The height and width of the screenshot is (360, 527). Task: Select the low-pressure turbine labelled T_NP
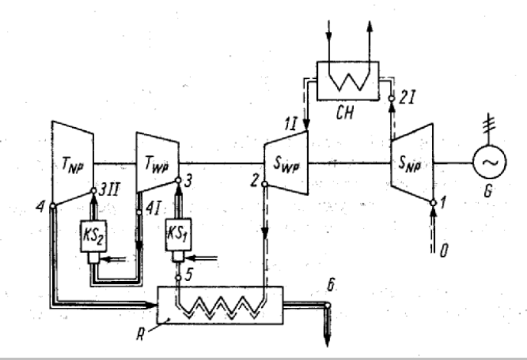(72, 162)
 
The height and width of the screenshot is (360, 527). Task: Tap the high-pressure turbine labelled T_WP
(157, 162)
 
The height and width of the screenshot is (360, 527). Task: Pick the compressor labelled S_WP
(286, 162)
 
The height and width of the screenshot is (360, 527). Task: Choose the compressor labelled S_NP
(414, 162)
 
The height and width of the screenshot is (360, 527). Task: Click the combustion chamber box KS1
(178, 234)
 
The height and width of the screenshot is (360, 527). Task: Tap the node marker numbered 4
(51, 205)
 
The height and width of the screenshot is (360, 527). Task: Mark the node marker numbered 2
(262, 185)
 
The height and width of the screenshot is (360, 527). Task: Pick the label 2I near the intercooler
(407, 97)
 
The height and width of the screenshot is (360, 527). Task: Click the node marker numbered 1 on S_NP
(435, 202)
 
